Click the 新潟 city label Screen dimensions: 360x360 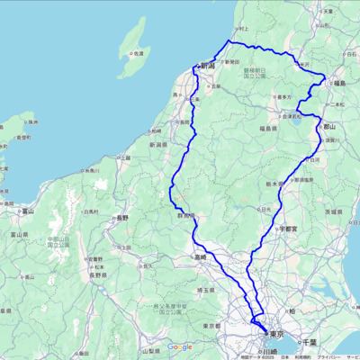(x=208, y=67)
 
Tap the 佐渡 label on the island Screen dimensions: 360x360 (x=139, y=54)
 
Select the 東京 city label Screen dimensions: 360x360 (x=276, y=333)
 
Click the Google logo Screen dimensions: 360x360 (x=179, y=346)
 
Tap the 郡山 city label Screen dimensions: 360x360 (x=330, y=127)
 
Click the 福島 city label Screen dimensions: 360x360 (x=340, y=83)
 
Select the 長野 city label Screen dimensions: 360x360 (x=121, y=218)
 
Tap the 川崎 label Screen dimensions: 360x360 (x=268, y=351)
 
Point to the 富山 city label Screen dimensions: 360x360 (x=27, y=212)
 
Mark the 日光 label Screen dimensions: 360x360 (x=265, y=209)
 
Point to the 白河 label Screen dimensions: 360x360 (x=315, y=159)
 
